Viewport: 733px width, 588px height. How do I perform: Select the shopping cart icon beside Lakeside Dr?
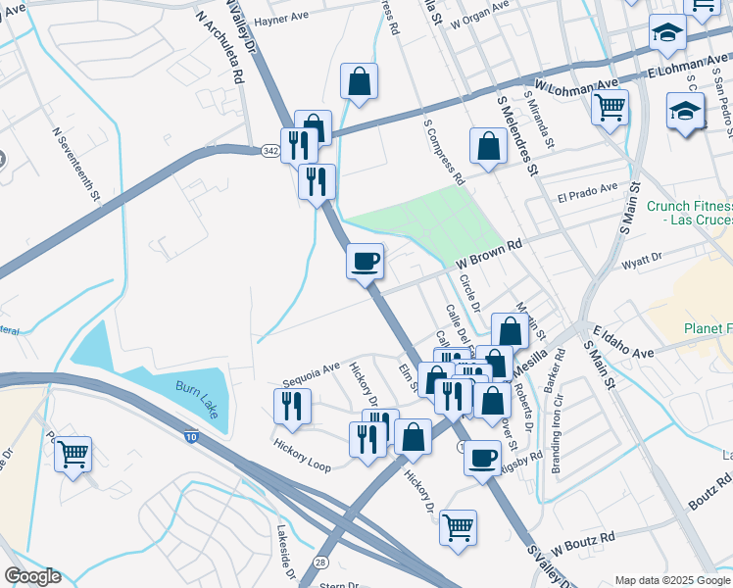pos(73,455)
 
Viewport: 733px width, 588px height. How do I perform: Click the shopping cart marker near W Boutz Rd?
pos(458,528)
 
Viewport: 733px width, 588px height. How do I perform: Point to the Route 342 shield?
pos(271,150)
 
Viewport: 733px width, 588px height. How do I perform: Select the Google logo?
pos(32,577)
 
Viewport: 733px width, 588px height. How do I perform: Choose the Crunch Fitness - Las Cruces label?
pos(690,213)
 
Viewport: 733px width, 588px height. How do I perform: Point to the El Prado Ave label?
pos(588,192)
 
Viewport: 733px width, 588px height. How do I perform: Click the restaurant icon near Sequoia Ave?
pos(292,406)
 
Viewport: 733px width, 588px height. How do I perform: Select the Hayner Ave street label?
pos(281,21)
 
